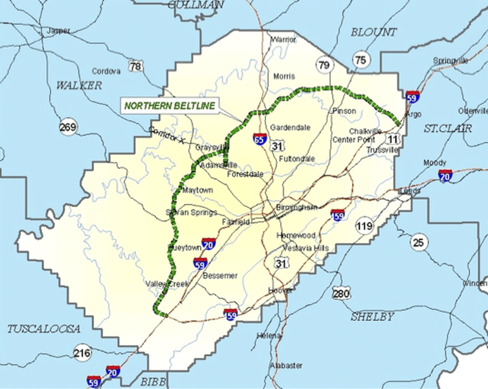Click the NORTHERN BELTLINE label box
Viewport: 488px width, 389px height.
point(169,106)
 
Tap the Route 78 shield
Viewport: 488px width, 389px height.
point(136,66)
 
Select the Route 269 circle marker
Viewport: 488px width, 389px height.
point(68,127)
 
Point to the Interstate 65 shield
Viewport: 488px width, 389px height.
point(260,139)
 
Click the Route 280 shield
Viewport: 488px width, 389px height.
point(341,294)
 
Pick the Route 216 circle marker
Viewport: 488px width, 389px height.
point(81,353)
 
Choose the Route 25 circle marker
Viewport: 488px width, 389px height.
point(418,242)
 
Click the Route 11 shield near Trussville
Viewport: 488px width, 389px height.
point(392,139)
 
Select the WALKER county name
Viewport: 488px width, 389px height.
point(79,86)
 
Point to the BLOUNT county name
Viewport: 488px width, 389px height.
point(374,32)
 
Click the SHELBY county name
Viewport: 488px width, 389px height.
point(372,317)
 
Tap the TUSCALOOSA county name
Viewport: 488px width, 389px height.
point(44,329)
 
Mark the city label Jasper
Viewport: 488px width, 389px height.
point(58,31)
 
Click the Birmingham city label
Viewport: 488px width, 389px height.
point(296,207)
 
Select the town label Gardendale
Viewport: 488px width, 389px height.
point(290,128)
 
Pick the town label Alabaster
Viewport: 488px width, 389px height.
point(286,366)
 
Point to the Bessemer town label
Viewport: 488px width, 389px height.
point(220,276)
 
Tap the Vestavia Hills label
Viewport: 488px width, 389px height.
point(305,248)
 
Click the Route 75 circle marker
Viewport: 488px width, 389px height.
point(361,60)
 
